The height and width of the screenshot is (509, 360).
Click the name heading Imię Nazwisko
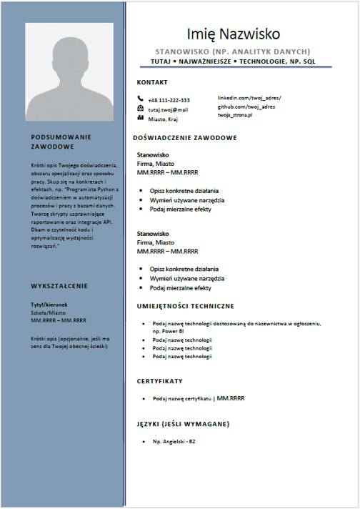click(x=234, y=34)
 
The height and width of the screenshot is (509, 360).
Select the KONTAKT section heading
click(x=151, y=82)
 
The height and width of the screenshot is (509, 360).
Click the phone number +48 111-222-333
click(x=169, y=100)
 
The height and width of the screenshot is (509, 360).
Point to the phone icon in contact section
click(x=140, y=99)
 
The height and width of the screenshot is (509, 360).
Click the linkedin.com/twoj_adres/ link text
click(x=249, y=97)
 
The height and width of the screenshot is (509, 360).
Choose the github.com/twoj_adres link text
click(x=246, y=106)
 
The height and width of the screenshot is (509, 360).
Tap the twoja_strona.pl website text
click(x=241, y=114)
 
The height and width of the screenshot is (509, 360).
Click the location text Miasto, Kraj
click(x=165, y=119)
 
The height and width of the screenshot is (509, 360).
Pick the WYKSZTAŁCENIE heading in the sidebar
click(x=59, y=286)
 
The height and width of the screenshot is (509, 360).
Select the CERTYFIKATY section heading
click(x=159, y=380)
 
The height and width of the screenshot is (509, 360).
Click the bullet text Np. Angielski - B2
click(x=174, y=443)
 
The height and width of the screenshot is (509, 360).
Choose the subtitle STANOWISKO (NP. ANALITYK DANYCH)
click(x=233, y=51)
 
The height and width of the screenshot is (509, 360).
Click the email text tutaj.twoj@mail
click(x=168, y=109)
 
